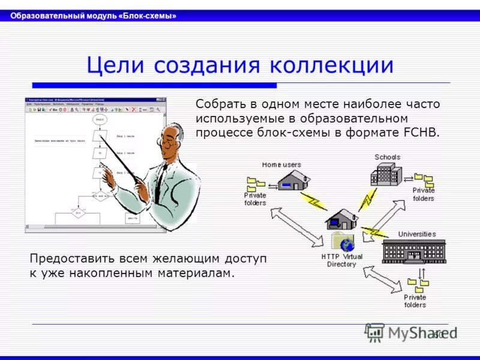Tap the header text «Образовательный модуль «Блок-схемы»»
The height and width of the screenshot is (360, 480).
coord(93,16)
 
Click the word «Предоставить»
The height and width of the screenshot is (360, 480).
coord(71,259)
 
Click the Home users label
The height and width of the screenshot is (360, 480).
coord(281,164)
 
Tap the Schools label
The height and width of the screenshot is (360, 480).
coord(387,157)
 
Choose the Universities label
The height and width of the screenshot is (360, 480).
coord(417,234)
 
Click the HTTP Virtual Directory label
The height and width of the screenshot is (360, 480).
coord(341,260)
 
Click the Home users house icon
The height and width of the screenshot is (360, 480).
coord(294,181)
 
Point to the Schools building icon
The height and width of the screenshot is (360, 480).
coord(387,174)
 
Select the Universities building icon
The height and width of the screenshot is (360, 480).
coord(414,250)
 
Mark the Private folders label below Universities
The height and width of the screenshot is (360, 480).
coord(415,301)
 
